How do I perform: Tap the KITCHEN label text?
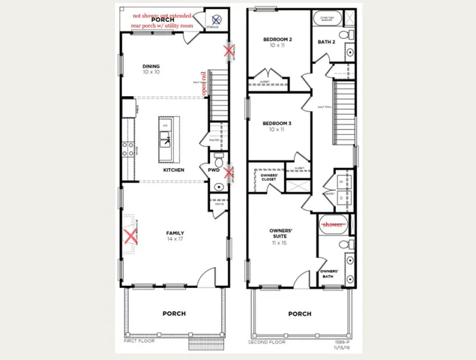pos(173,170)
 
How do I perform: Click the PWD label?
pos(213,170)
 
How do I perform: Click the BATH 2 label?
pos(326,42)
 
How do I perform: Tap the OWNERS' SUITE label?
pos(280,235)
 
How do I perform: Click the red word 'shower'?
pos(332,223)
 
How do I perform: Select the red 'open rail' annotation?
pos(203,82)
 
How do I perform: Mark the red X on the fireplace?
pos(131,237)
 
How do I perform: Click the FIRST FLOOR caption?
pos(140,341)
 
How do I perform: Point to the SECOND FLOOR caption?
pos(267,341)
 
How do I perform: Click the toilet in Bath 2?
pos(344,35)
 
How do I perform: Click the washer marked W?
pos(341,181)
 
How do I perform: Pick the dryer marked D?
pos(341,198)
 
